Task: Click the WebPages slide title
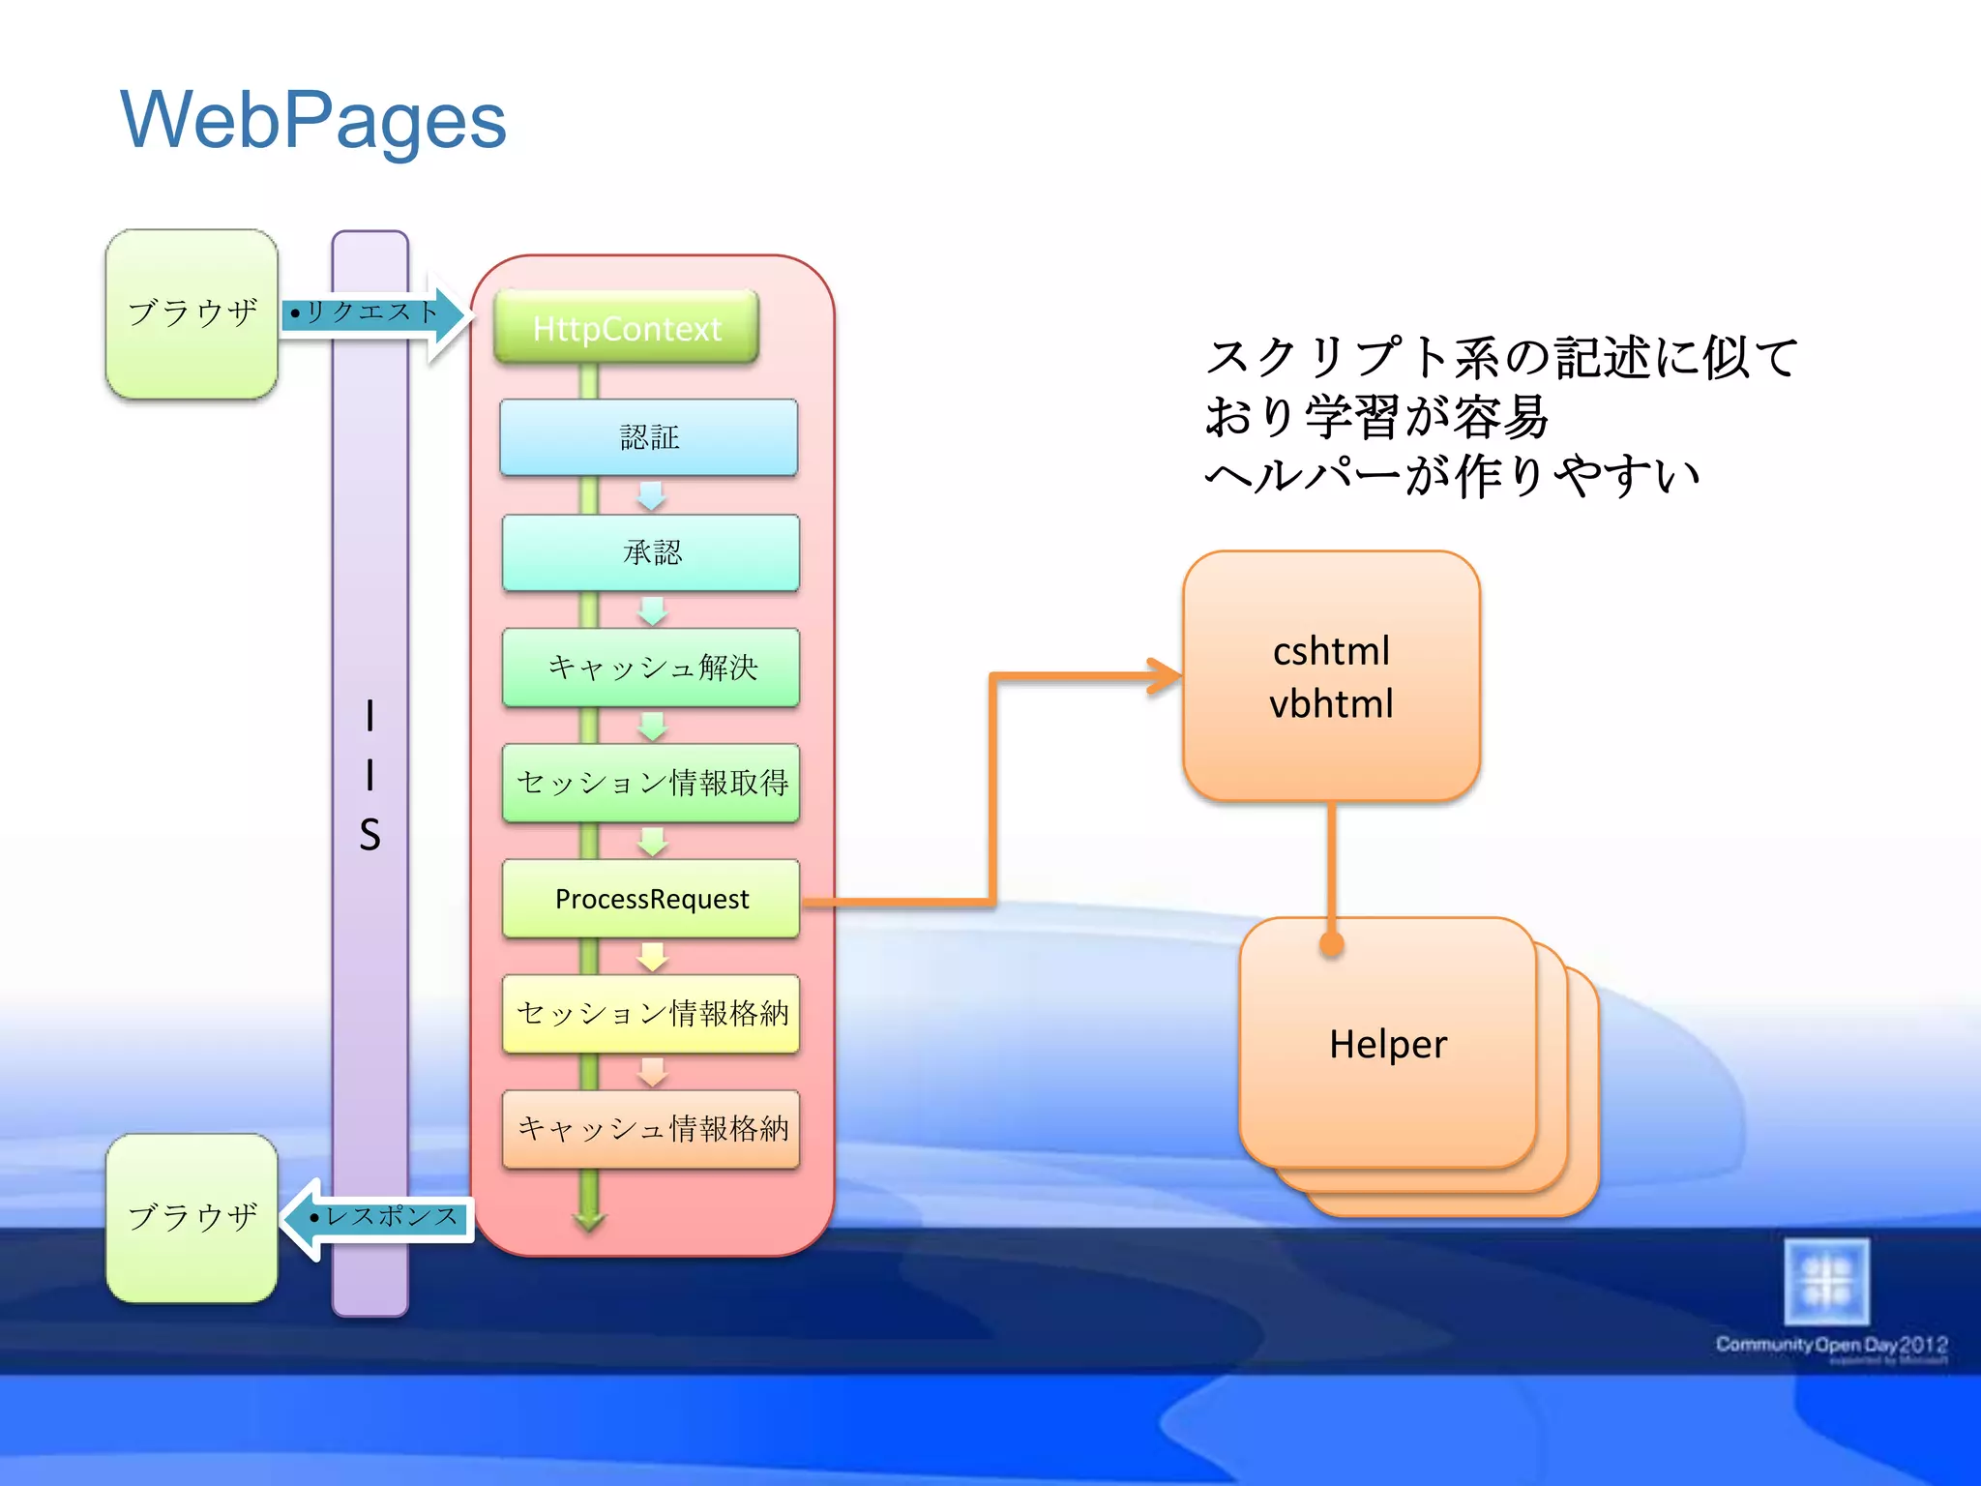312,120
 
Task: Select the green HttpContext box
626,328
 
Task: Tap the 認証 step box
649,437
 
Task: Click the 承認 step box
651,552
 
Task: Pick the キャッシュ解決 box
651,668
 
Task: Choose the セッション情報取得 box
651,783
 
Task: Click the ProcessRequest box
651,899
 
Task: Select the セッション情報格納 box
651,1013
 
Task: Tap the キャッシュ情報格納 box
651,1128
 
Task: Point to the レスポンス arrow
382,1217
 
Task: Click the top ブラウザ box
192,313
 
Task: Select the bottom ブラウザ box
192,1217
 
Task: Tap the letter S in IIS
370,835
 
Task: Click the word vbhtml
1331,704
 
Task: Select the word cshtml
1331,651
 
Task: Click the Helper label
1387,1044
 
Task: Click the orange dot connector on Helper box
1332,944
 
